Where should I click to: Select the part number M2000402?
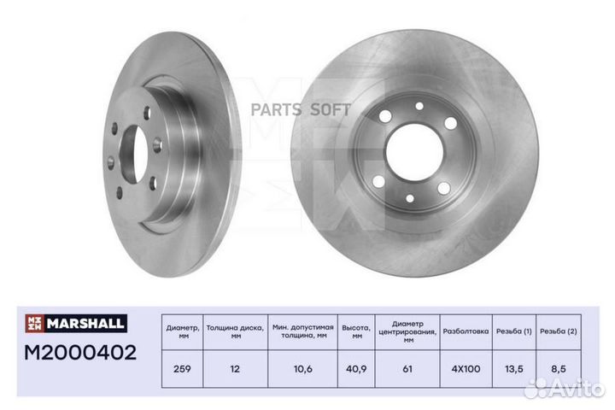pyautogui.click(x=80, y=352)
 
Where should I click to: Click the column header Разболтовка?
pyautogui.click(x=466, y=329)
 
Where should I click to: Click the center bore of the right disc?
pyautogui.click(x=414, y=152)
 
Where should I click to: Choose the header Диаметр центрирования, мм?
pyautogui.click(x=407, y=329)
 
